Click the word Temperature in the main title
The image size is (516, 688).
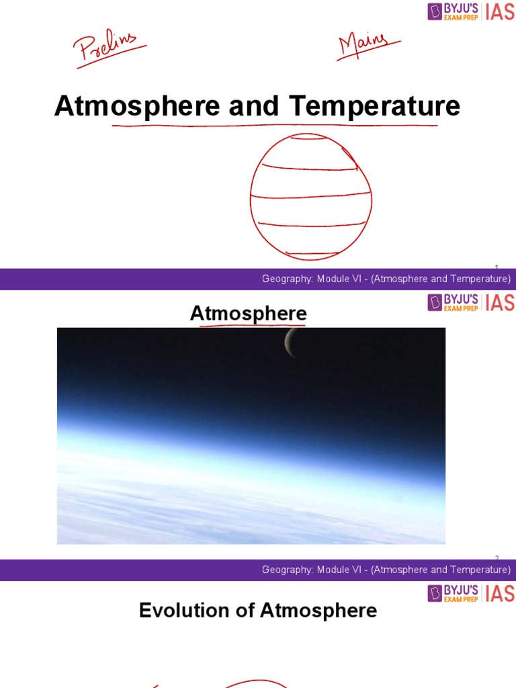point(374,105)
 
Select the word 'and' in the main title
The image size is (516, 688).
point(253,105)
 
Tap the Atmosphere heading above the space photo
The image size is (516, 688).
point(249,313)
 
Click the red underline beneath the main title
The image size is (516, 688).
point(275,126)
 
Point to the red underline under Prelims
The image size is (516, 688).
point(112,57)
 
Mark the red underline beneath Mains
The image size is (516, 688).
point(369,50)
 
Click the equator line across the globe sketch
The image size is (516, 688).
point(310,196)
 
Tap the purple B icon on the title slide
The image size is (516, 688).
point(435,11)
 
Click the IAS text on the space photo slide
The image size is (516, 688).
point(500,303)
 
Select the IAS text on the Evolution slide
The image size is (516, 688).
point(500,594)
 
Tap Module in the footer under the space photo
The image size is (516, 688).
point(331,570)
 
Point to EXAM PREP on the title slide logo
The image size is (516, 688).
point(461,17)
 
